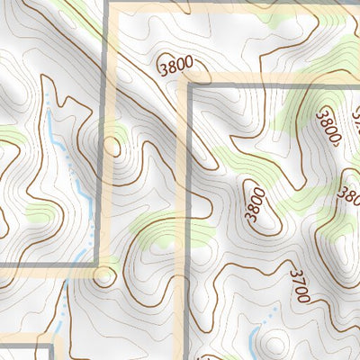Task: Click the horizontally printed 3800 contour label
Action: [x=175, y=67]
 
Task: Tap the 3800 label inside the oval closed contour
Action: [x=255, y=203]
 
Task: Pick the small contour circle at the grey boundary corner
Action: [x=104, y=275]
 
